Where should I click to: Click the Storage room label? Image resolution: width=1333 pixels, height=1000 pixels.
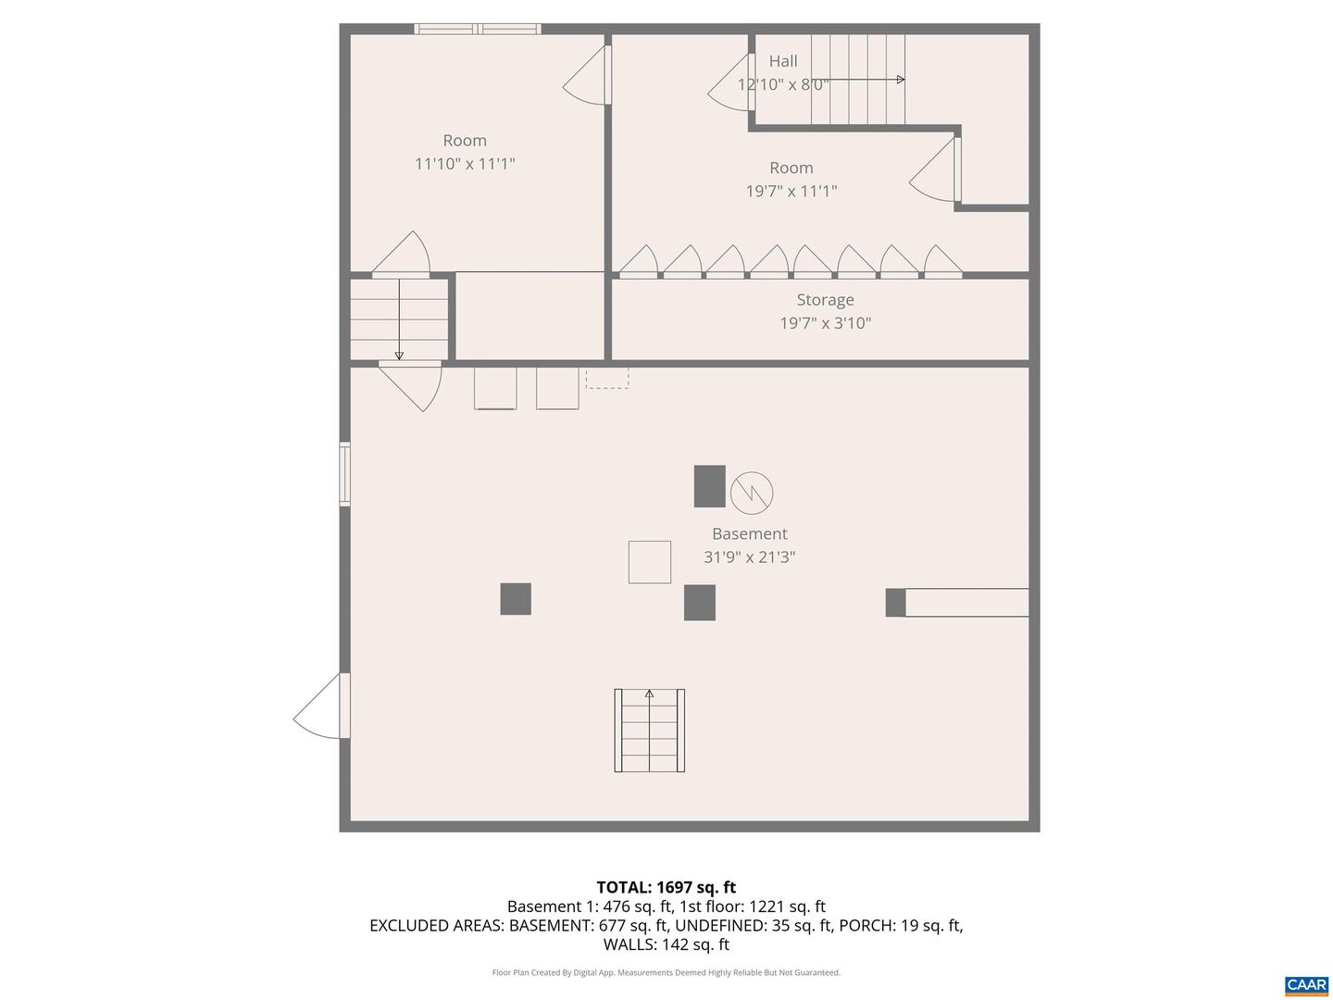(825, 300)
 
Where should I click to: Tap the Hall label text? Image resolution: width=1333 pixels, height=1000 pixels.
(783, 61)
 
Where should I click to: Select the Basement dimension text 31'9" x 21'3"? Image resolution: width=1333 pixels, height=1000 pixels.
(750, 557)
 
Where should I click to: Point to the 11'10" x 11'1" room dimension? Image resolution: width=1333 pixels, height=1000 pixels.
(465, 164)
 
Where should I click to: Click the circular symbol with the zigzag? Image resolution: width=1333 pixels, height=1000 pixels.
(752, 493)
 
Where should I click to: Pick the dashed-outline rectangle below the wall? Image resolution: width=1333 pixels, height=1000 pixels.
(607, 378)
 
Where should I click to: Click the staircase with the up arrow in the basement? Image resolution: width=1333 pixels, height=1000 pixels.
(650, 731)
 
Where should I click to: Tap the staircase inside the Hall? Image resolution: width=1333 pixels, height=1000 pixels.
(858, 80)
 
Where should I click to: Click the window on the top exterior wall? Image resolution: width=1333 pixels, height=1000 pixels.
(478, 29)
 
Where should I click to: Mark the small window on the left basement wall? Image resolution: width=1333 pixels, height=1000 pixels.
(345, 474)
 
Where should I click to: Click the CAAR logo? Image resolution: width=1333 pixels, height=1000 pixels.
(1306, 985)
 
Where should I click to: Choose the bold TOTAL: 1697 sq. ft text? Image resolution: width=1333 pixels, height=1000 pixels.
(666, 888)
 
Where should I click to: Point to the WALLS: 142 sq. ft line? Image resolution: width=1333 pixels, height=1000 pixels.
(666, 944)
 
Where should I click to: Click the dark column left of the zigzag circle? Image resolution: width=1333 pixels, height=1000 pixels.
(710, 486)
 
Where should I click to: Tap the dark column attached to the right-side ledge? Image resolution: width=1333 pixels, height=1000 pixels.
(895, 603)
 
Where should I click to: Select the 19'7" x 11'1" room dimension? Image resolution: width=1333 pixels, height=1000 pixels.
(791, 192)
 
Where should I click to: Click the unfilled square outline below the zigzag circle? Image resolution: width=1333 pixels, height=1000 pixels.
(650, 562)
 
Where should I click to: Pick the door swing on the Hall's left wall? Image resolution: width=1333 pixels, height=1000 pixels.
(731, 83)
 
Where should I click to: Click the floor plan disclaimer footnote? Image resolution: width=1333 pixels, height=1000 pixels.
(666, 973)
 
